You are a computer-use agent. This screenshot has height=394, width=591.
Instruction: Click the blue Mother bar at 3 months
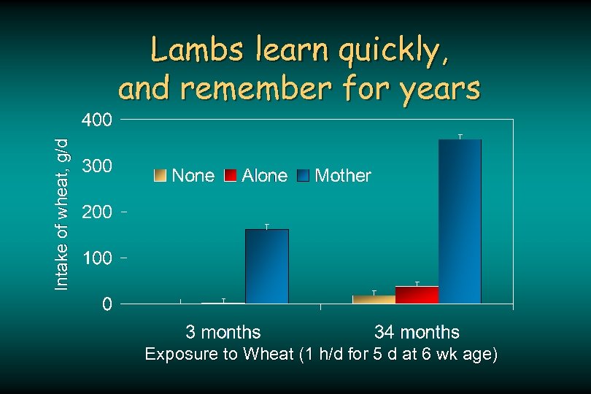click(267, 266)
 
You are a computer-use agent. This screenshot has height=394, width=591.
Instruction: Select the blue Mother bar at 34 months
click(460, 221)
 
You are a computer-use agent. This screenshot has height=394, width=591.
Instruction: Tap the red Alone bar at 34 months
click(417, 295)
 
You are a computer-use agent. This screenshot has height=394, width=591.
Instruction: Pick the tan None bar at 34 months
click(374, 299)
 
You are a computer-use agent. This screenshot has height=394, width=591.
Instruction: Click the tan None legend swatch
click(160, 175)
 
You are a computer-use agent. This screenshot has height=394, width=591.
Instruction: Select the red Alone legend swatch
click(231, 175)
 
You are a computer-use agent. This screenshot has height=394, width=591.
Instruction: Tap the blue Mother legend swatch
click(304, 175)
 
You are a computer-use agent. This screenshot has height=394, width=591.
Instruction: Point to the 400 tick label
click(96, 120)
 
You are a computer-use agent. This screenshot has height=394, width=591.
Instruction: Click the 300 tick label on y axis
click(96, 166)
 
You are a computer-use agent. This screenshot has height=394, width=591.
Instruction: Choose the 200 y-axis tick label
click(96, 212)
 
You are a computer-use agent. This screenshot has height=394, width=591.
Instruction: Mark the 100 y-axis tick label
click(96, 258)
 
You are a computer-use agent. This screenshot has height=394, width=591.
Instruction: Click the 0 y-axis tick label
click(107, 304)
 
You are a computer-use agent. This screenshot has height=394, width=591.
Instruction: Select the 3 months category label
click(223, 333)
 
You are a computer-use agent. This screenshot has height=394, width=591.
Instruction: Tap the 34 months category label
click(417, 333)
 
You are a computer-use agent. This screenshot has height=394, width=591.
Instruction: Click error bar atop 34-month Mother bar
click(460, 136)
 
